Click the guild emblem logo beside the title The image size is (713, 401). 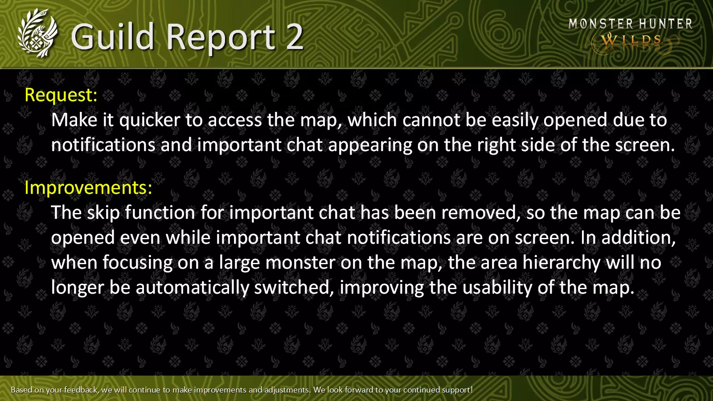[38, 33]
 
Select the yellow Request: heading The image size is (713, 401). [61, 95]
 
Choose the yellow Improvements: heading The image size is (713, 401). [89, 188]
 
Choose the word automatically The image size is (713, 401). [192, 288]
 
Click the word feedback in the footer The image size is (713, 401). [81, 390]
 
